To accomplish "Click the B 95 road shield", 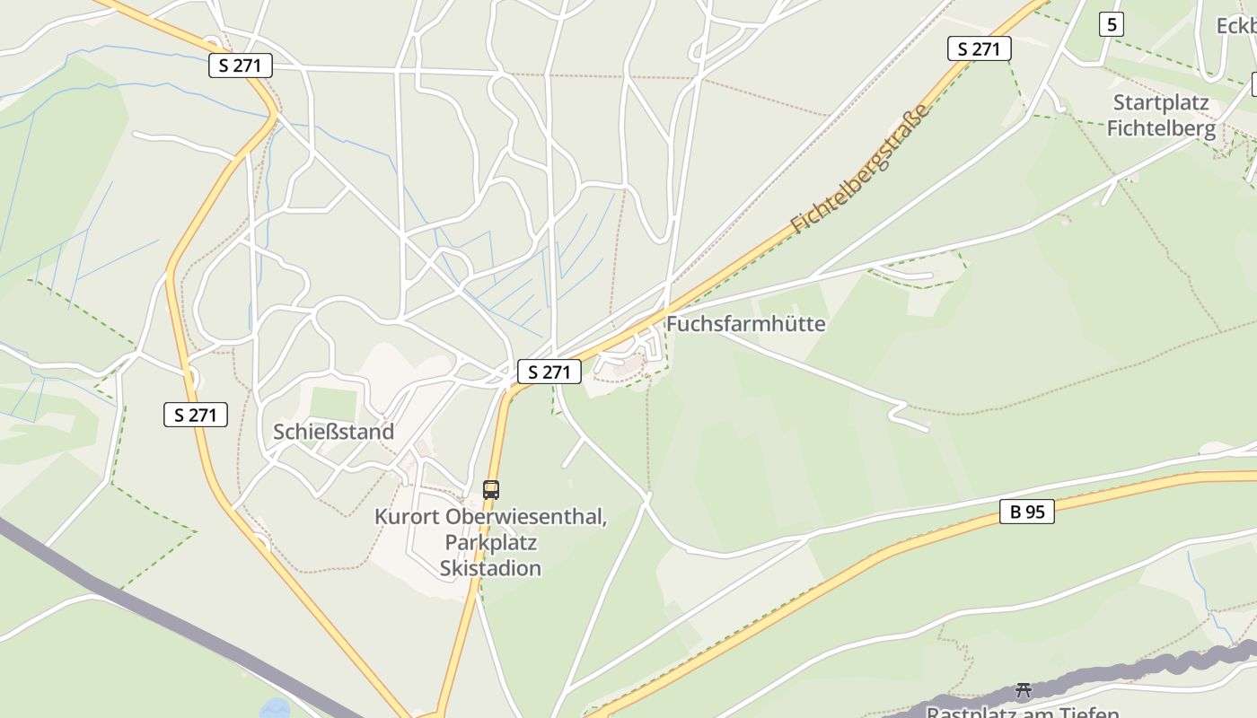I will pos(1026,512).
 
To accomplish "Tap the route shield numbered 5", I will pos(1111,24).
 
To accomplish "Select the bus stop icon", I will pos(490,489).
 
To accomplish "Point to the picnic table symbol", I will pos(1023,690).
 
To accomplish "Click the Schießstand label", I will pos(333,432).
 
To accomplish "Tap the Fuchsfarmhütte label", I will pos(745,323).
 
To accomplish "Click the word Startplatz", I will pos(1161,102).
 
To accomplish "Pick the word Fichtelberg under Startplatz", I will pos(1161,128).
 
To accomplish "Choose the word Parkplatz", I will pos(490,542).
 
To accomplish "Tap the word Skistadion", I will pos(490,567).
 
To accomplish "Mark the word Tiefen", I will pos(1091,713).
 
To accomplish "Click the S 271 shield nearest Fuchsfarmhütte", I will pos(549,372).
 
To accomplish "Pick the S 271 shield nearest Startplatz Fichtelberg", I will pos(979,48).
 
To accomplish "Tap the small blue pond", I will pos(275,708).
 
